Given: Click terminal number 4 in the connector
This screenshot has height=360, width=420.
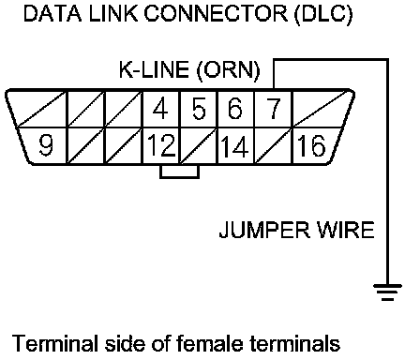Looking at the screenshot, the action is [x=160, y=109].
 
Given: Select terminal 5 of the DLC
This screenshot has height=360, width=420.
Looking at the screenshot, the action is [x=199, y=109].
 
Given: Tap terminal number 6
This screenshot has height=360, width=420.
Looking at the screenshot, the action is [x=235, y=109].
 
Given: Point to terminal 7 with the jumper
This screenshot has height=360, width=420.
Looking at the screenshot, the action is [x=274, y=109].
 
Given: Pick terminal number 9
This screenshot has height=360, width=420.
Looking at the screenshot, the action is [x=46, y=145].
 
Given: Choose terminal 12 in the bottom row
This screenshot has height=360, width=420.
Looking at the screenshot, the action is [x=161, y=145].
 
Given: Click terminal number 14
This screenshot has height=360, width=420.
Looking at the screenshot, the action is [x=234, y=146].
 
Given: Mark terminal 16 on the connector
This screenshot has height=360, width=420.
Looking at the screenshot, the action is [x=311, y=145].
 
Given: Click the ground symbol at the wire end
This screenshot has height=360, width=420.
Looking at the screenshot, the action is [x=387, y=292].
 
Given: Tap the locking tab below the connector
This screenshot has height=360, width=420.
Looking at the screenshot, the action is [x=179, y=172].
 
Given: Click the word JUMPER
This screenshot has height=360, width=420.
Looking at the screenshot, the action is [x=265, y=230].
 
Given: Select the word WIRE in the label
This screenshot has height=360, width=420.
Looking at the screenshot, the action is [x=345, y=230].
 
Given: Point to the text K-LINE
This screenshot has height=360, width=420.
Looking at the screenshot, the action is [x=154, y=69].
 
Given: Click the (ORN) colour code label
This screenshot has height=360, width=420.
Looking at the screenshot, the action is [x=229, y=70].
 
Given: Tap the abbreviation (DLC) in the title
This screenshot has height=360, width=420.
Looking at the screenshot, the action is [x=323, y=14].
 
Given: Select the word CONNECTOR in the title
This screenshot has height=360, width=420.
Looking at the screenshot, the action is [x=216, y=13].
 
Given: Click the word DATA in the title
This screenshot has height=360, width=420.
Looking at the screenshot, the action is [x=52, y=13].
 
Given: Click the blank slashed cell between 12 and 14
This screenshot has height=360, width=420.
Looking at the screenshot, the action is [x=199, y=145].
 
